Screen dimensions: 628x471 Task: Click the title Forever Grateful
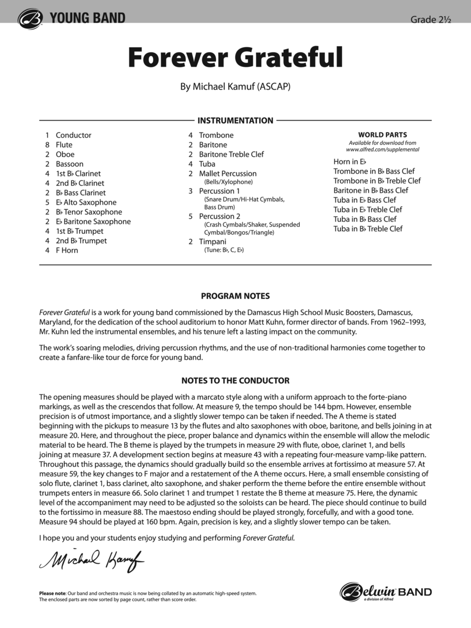(235, 58)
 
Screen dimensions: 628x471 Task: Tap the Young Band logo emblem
(29, 19)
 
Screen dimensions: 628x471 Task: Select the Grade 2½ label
(430, 19)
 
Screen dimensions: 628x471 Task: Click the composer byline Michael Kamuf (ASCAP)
(235, 87)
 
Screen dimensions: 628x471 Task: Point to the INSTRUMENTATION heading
(235, 120)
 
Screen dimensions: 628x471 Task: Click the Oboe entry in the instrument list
(65, 154)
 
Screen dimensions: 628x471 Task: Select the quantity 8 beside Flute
(47, 145)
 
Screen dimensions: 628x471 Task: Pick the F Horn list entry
(67, 250)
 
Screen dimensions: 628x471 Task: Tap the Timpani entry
(212, 242)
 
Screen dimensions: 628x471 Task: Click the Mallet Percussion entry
(228, 173)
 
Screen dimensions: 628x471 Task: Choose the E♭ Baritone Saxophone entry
(93, 221)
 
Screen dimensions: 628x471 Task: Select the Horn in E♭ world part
(350, 162)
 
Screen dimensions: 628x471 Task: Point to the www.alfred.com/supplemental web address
(382, 149)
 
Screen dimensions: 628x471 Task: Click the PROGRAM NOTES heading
(235, 296)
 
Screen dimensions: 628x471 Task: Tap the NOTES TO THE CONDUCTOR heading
(235, 380)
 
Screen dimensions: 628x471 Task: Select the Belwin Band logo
(386, 592)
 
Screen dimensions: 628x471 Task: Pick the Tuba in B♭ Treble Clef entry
(368, 229)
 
